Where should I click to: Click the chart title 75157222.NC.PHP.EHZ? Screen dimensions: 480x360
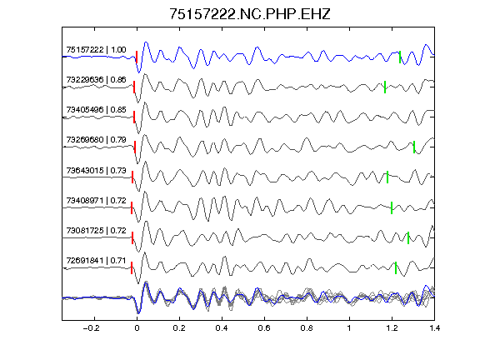coord(250,14)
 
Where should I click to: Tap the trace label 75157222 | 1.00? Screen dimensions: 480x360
coord(96,50)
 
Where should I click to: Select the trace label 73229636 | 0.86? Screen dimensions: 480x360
coord(96,80)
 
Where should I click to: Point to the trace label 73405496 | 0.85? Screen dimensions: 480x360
coord(96,110)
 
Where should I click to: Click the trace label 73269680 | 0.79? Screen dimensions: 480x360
coord(96,140)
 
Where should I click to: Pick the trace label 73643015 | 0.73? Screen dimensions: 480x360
coord(96,170)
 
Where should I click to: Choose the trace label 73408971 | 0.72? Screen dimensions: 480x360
coord(96,200)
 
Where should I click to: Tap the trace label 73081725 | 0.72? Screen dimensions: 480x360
coord(96,230)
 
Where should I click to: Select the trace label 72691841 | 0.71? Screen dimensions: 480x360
coord(96,260)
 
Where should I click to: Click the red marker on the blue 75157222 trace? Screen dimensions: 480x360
coord(137,57)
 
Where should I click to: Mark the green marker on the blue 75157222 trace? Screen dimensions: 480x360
coord(400,57)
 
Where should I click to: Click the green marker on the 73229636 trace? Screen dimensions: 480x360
coord(385,87)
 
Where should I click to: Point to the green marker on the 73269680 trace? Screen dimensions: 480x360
coord(414,147)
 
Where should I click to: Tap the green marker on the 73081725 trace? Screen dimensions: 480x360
coord(408,237)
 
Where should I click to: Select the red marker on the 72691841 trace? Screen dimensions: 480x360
coord(132,267)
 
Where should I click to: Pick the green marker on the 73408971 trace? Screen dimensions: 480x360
coord(392,207)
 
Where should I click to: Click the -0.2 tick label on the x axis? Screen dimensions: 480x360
coord(91,328)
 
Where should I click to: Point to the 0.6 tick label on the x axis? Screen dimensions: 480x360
coord(264,328)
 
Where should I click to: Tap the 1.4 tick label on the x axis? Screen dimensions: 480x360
coord(434,328)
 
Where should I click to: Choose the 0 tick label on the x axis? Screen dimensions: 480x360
coord(137,328)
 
